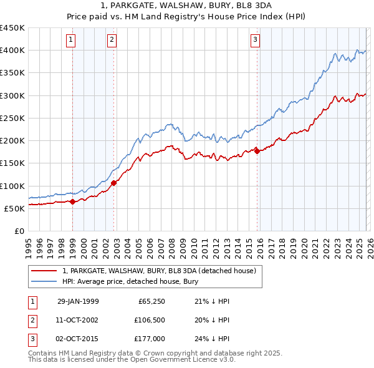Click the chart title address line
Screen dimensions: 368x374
click(x=187, y=6)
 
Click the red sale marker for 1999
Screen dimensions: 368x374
click(x=73, y=201)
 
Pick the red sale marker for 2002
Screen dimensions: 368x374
click(x=114, y=183)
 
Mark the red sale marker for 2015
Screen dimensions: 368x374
click(x=257, y=151)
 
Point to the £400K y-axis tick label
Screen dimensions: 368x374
click(x=12, y=51)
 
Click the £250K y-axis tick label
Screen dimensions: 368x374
click(x=12, y=118)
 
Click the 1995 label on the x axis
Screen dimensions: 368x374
click(x=28, y=244)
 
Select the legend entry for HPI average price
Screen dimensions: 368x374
click(x=130, y=282)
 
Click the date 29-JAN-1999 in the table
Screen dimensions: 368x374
click(x=78, y=302)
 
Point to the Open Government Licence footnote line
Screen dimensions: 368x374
click(x=132, y=360)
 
